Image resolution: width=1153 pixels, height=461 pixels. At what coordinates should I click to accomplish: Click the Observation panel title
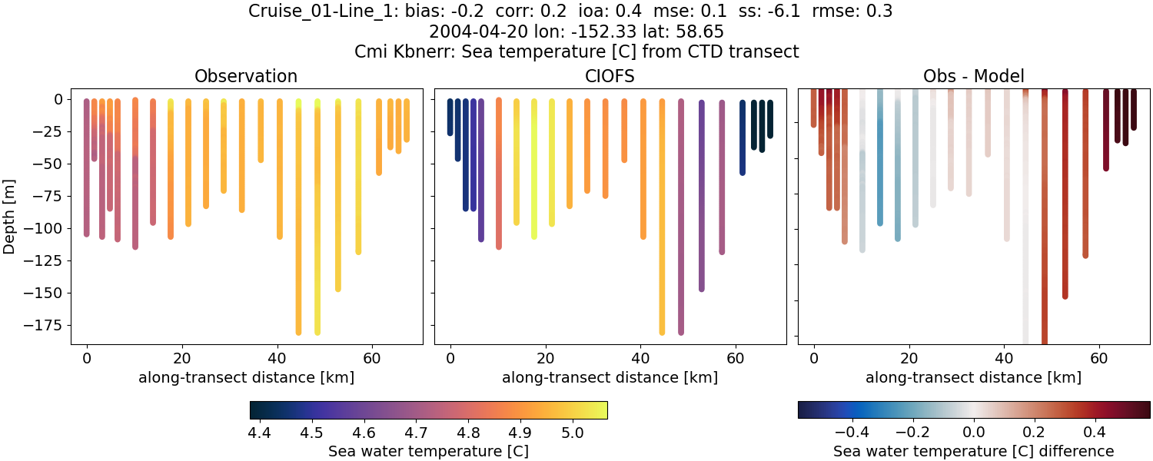point(246,76)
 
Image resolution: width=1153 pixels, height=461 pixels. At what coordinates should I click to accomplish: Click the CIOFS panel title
point(610,76)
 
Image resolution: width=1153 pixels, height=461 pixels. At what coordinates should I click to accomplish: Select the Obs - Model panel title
point(973,76)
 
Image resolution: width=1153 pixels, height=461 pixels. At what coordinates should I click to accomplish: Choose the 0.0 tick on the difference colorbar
point(974,433)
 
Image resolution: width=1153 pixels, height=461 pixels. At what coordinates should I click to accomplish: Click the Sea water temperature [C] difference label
point(973,451)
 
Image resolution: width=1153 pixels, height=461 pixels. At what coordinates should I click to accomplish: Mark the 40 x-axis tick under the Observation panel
point(277,358)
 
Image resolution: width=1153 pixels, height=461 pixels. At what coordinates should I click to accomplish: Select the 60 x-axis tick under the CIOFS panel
point(736,358)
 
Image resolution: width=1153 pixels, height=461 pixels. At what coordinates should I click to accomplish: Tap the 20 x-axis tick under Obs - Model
point(909,358)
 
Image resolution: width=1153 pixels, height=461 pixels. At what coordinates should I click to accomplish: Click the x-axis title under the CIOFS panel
point(610,377)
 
